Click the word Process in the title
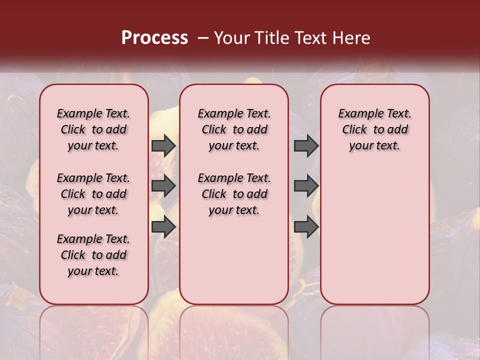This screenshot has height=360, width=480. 154,38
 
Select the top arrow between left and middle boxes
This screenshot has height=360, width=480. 163,146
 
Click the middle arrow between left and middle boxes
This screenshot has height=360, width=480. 163,186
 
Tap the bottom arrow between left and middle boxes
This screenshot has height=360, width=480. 163,227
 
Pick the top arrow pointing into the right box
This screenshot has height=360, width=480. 306,146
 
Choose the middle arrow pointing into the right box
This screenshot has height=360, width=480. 306,186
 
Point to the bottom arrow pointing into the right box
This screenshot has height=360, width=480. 306,227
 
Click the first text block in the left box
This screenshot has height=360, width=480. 93,129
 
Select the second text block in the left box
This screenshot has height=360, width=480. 93,194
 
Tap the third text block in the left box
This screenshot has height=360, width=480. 93,255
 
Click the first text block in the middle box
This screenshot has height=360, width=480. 234,129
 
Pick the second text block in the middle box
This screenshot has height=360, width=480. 234,194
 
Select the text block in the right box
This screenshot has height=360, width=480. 375,129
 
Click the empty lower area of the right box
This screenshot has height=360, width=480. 375,240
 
